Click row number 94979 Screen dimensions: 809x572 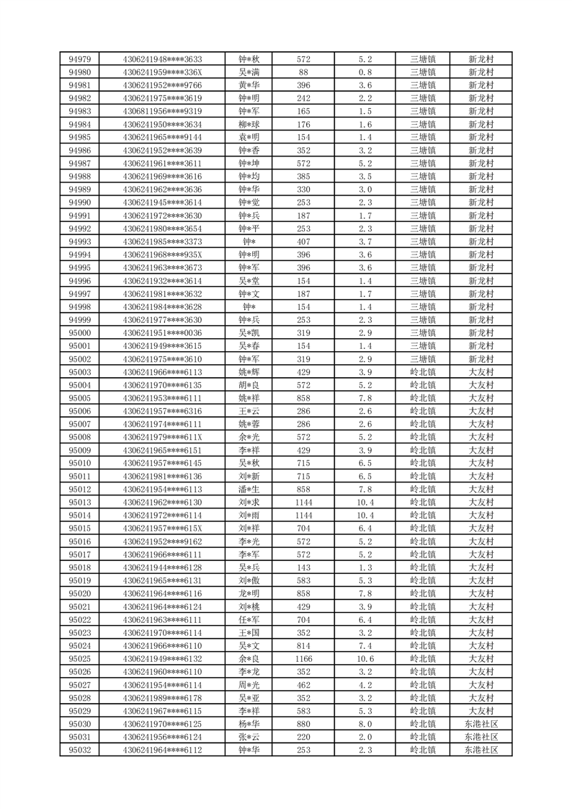[x=79, y=59]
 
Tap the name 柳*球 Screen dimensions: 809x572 [x=249, y=124]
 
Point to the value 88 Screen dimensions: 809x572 [x=303, y=72]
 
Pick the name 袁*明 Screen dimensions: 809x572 [x=249, y=137]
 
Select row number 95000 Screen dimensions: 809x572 [x=79, y=333]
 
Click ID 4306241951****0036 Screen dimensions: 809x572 [x=162, y=333]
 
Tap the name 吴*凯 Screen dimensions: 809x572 [x=249, y=333]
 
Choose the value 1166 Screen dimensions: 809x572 [x=303, y=659]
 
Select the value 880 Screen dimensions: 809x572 [x=303, y=724]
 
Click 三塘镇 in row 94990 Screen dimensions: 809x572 [x=422, y=203]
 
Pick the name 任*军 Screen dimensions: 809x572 [x=249, y=619]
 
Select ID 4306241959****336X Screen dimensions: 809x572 [x=162, y=72]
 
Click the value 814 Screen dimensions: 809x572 [x=303, y=646]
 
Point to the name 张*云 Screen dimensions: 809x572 [x=249, y=737]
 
